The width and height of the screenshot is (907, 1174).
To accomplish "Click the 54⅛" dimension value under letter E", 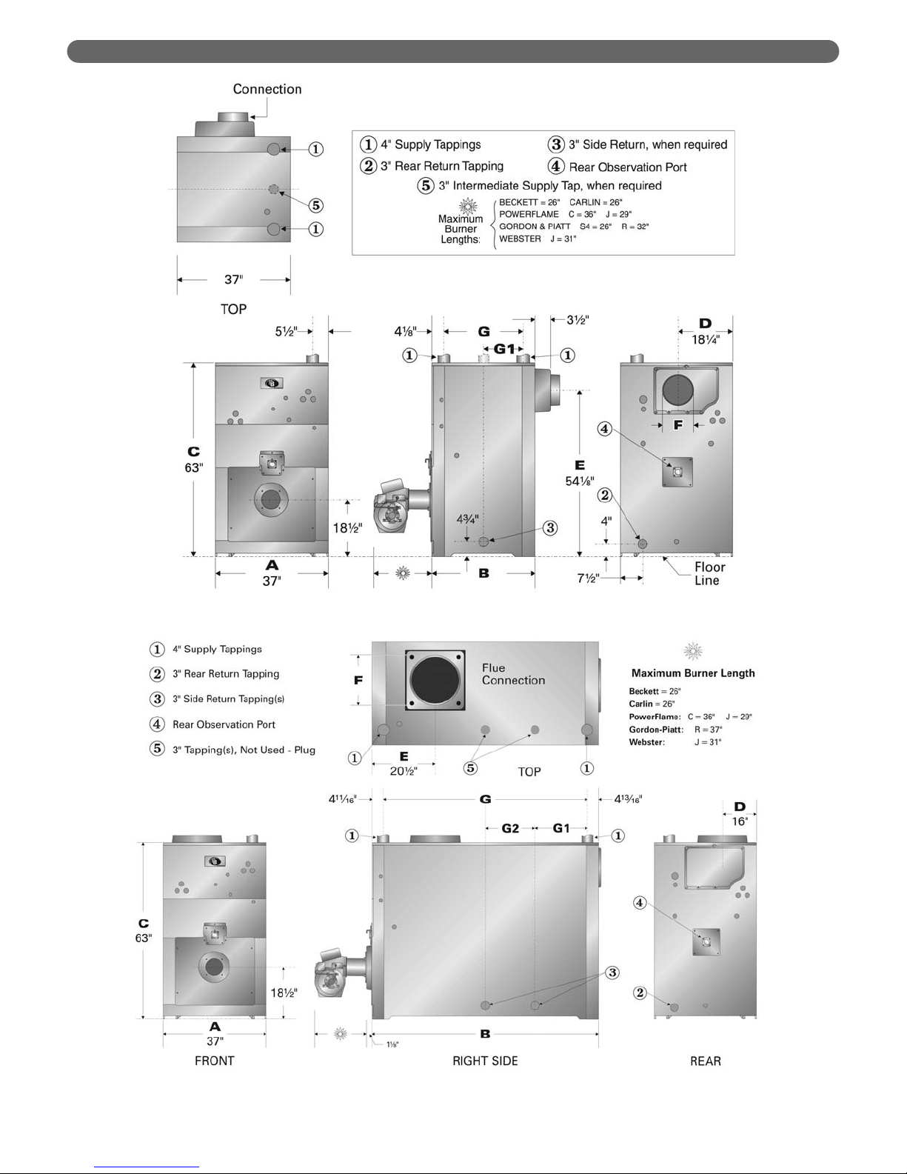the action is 579,481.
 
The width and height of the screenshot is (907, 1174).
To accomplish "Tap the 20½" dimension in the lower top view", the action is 404,771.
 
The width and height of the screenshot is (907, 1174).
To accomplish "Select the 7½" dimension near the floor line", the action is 589,578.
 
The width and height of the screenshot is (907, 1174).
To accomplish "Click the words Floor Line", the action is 709,574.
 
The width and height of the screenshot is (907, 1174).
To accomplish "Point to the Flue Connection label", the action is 513,674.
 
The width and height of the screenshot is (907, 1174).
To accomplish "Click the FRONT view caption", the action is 214,1061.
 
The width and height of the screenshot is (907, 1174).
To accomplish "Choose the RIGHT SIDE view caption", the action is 485,1061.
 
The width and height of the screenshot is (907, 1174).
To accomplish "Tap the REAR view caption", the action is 705,1061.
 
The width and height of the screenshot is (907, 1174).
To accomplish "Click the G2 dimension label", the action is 510,828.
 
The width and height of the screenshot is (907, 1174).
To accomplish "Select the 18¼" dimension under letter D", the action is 705,340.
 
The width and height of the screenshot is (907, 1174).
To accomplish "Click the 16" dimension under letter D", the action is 740,821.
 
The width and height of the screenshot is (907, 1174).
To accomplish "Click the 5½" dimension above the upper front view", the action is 286,332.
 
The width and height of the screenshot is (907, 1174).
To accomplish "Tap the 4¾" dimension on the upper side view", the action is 466,518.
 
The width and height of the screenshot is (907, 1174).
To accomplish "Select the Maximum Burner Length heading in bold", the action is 693,673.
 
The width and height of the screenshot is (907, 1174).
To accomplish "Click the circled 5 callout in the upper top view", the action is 315,205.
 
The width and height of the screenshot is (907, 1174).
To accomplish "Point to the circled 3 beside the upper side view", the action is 549,528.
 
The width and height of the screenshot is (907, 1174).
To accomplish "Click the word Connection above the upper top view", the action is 267,89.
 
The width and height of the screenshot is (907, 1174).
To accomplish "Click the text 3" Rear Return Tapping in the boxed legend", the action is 442,166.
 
